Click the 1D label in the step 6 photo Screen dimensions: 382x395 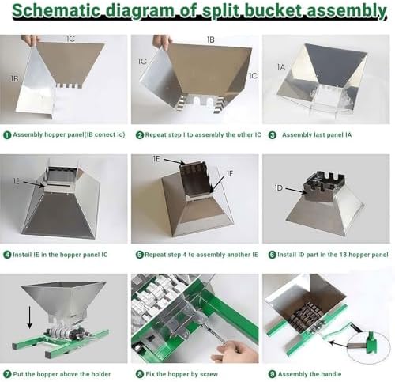(278, 189)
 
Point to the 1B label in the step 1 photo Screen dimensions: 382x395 (15, 79)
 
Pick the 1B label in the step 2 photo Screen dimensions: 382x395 (210, 39)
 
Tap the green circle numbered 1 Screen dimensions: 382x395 (6, 134)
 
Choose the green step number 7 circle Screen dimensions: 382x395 (6, 374)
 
